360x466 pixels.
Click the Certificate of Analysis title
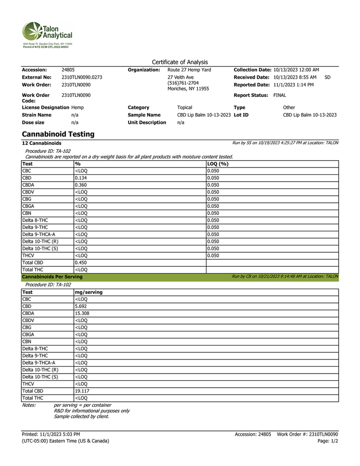[x=180, y=62]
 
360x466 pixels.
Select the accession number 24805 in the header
[x=68, y=70]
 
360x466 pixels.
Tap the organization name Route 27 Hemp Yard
[x=189, y=70]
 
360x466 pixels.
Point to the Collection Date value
[x=296, y=70]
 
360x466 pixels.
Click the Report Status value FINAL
[x=279, y=95]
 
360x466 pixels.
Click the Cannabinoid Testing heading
[x=58, y=134]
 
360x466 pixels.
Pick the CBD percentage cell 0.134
[x=81, y=178]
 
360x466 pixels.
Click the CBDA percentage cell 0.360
[x=81, y=185]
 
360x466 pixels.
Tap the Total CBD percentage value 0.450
[x=81, y=263]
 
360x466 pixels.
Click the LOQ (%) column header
[x=218, y=164]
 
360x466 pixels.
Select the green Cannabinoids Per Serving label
[x=52, y=277]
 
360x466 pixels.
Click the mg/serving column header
[x=88, y=292]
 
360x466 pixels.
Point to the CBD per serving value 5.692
[x=81, y=306]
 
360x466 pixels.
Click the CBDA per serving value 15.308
[x=82, y=314]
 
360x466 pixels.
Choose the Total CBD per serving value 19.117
[x=82, y=390]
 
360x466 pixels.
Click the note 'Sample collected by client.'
[x=81, y=416]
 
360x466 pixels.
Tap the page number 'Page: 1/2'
[x=328, y=441]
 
